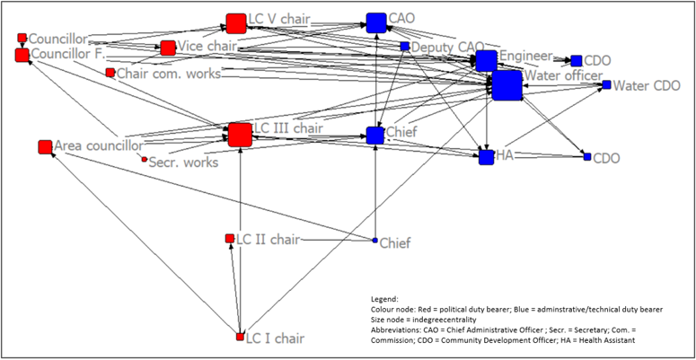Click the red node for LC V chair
coord(236,22)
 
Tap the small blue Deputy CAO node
coord(405,47)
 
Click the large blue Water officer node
coord(507,86)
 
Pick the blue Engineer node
coord(486,60)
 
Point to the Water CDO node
coord(606,85)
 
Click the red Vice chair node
coord(168,48)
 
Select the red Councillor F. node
coord(22,56)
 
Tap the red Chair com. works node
coord(110,73)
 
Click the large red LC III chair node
coord(240,135)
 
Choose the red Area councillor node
coord(45,146)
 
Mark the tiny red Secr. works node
coord(144,160)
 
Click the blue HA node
coord(486,157)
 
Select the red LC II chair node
coord(230,239)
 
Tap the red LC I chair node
coord(240,337)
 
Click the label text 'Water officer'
coord(563,75)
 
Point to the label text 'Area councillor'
coord(99,145)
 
